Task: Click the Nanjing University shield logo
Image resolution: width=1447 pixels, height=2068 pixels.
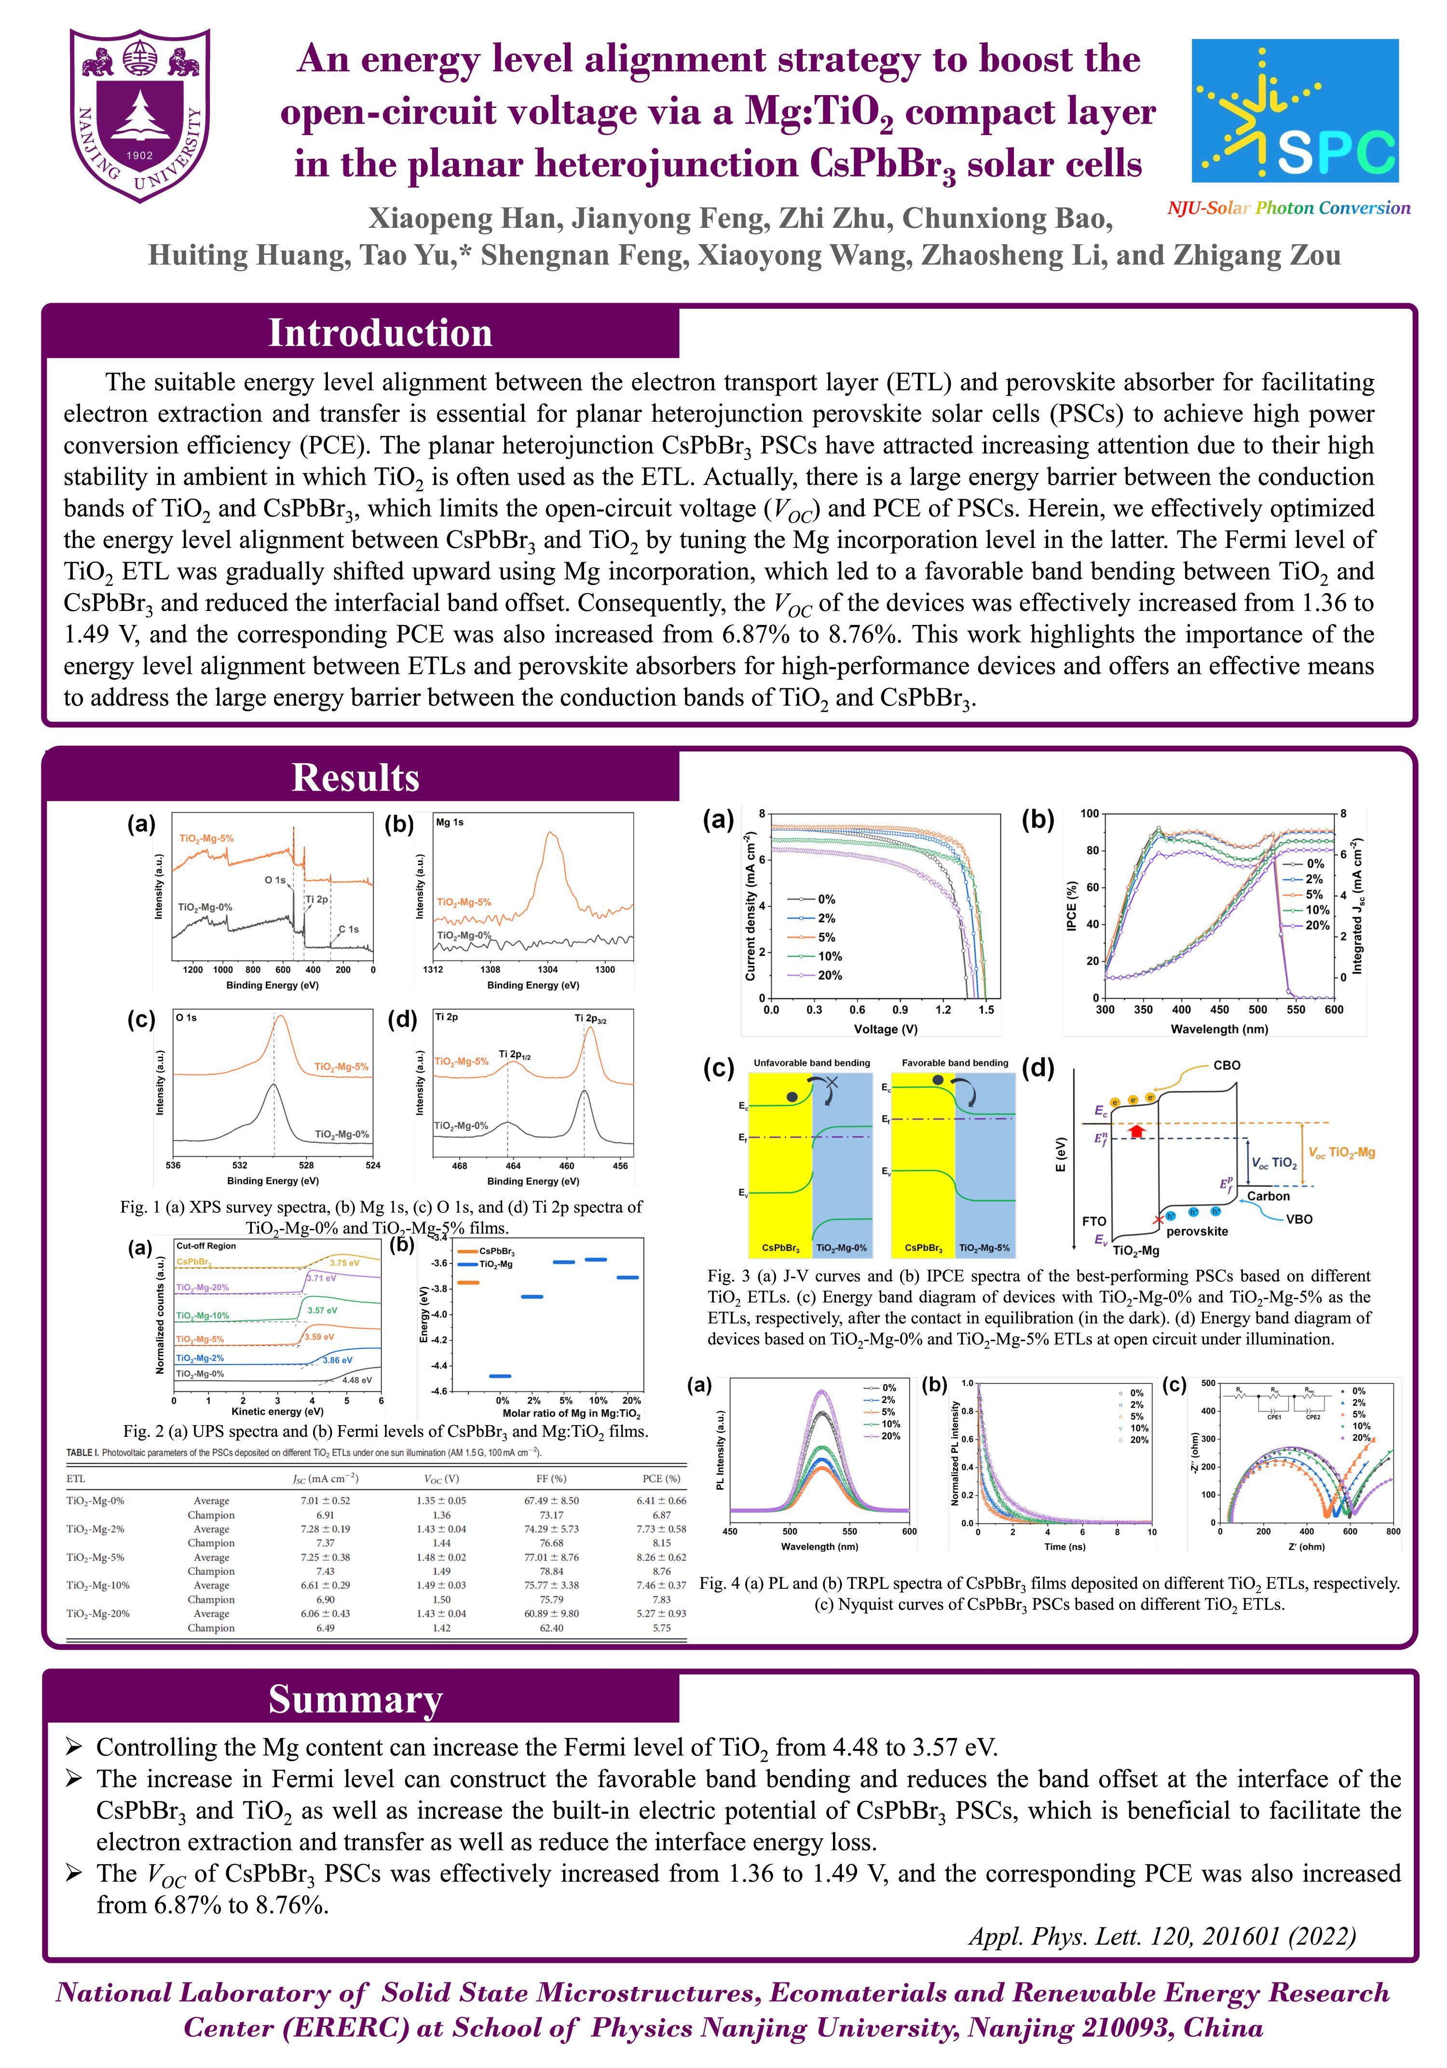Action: click(x=140, y=115)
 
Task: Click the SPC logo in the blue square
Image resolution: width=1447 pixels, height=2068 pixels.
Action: click(x=1294, y=111)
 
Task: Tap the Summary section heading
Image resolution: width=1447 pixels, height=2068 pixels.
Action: click(x=355, y=1700)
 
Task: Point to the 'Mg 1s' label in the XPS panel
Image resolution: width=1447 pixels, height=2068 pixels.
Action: click(x=450, y=822)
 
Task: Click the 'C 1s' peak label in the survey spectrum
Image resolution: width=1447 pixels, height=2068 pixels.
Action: click(x=348, y=929)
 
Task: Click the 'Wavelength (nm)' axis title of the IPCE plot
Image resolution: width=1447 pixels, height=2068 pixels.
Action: click(x=1218, y=1028)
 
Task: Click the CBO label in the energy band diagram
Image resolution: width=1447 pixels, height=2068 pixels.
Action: click(x=1227, y=1066)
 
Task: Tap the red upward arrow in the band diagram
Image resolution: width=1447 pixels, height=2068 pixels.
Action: click(x=1136, y=1130)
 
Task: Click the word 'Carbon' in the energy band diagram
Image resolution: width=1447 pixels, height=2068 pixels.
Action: click(x=1268, y=1196)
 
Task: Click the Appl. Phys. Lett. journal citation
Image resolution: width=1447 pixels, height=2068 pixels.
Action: click(x=1161, y=1936)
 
